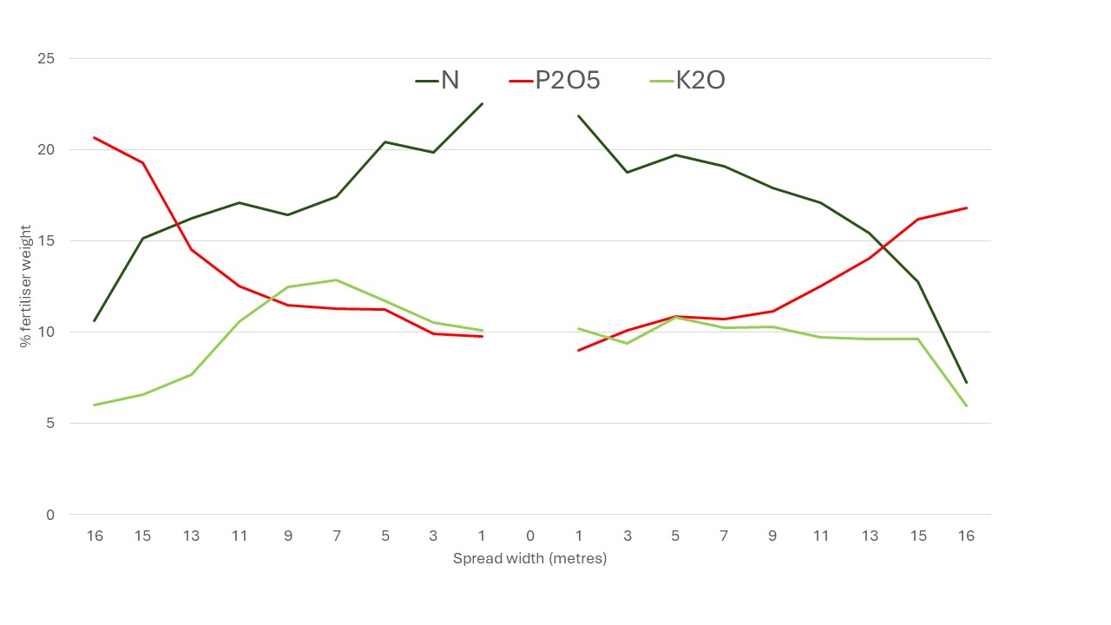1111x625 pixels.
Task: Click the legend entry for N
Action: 438,81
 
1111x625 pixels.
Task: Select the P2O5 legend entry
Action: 555,81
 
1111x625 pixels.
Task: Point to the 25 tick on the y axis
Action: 45,59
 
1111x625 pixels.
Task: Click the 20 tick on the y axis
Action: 45,150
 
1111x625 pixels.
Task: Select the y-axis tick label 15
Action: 45,241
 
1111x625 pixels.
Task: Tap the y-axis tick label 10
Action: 45,332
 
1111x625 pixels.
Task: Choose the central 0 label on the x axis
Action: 530,536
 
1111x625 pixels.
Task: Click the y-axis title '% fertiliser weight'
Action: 25,286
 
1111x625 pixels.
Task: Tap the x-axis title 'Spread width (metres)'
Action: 529,558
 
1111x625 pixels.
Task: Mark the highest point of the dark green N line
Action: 482,104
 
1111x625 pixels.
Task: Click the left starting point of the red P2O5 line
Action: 95,137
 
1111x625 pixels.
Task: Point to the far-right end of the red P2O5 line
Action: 966,208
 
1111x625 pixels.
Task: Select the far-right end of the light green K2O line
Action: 966,405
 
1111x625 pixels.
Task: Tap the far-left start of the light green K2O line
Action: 95,405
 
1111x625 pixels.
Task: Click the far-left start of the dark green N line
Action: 95,320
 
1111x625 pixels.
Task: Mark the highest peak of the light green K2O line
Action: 336,280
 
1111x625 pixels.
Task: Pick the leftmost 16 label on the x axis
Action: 95,536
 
